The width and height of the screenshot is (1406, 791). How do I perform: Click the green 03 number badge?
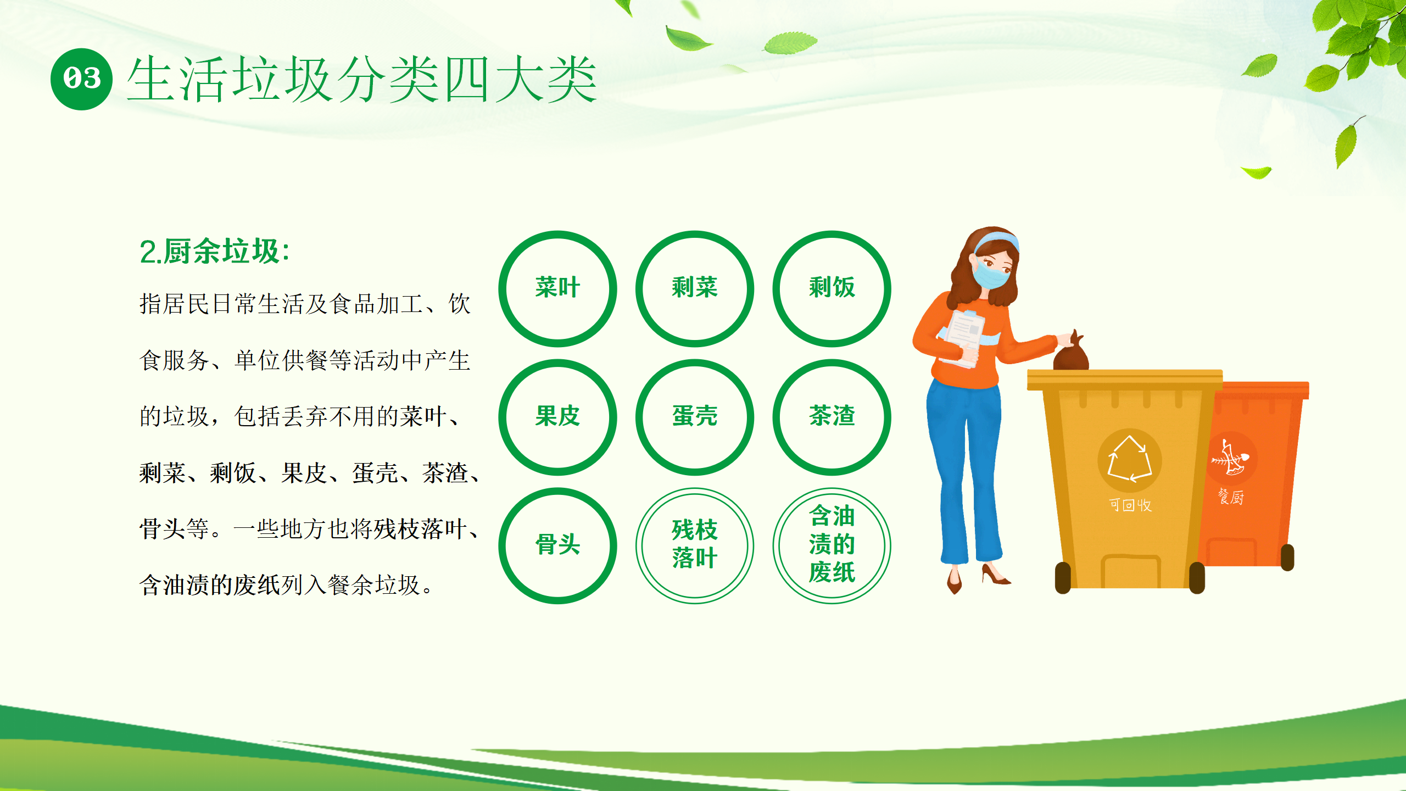(81, 79)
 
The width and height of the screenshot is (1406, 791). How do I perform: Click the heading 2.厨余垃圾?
(214, 252)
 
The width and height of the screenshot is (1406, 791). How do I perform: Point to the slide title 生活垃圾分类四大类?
(362, 80)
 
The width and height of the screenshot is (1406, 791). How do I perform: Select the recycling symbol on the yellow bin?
(1129, 460)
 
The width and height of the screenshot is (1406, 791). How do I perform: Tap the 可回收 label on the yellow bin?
(1130, 505)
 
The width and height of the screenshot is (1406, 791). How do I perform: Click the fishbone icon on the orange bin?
(1230, 458)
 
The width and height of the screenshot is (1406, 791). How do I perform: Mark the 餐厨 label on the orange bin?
(1231, 497)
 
